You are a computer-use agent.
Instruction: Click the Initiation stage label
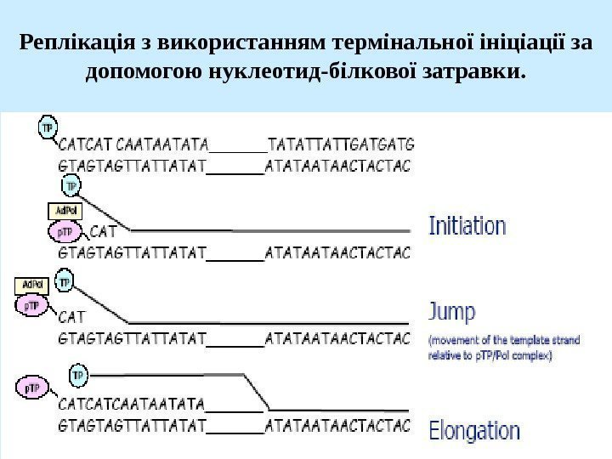pyautogui.click(x=467, y=227)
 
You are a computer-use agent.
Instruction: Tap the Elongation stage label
pyautogui.click(x=474, y=431)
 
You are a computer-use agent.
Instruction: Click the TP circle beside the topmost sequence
pyautogui.click(x=48, y=127)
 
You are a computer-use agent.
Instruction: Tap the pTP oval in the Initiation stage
pyautogui.click(x=65, y=231)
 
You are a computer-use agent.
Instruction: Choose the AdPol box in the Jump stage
pyautogui.click(x=32, y=285)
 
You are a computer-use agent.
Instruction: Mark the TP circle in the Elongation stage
pyautogui.click(x=78, y=374)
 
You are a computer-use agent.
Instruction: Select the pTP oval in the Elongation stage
pyautogui.click(x=33, y=388)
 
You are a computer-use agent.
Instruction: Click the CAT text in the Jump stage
pyautogui.click(x=72, y=318)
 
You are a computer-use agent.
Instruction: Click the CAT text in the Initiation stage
pyautogui.click(x=103, y=230)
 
